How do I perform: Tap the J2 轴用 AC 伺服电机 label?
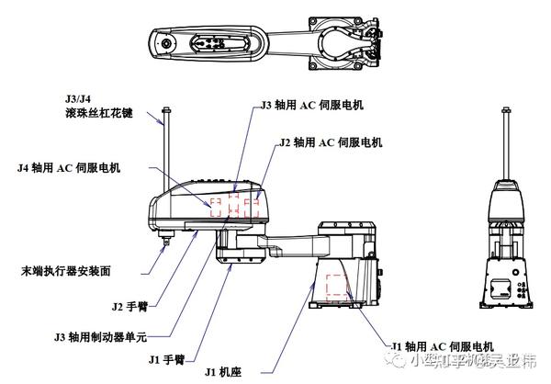pyautogui.click(x=330, y=143)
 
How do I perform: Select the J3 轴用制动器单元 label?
pyautogui.click(x=100, y=336)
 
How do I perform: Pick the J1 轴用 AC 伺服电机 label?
pyautogui.click(x=443, y=346)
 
